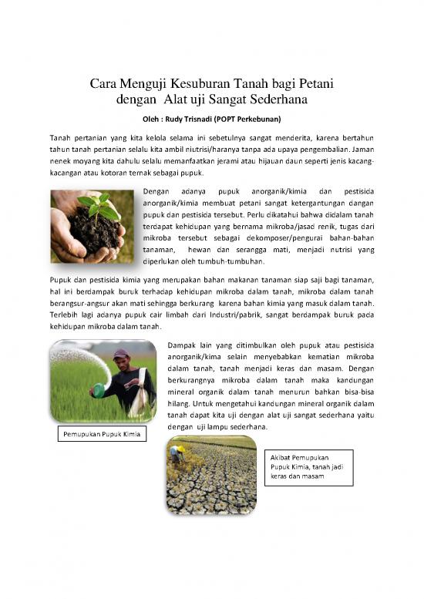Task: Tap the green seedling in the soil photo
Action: click(100, 206)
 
